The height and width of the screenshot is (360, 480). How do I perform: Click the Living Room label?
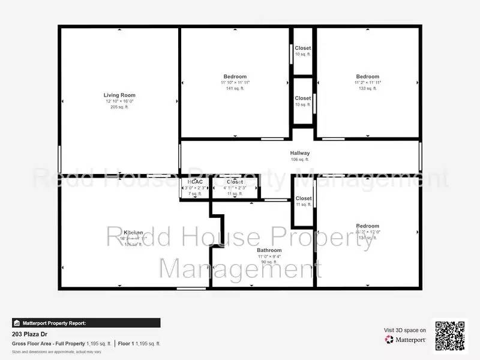coord(119,95)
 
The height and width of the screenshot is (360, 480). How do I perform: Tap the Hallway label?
coord(300,153)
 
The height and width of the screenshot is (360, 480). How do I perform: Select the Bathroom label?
coord(269,250)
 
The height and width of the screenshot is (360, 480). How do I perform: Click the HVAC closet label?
coord(194,182)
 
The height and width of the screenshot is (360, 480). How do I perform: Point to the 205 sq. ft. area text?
coord(119,107)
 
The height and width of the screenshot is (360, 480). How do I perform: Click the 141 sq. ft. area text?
coord(235,88)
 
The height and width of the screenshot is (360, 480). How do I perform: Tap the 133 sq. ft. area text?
coord(368,88)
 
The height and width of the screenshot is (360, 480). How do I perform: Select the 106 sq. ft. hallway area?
coord(300,160)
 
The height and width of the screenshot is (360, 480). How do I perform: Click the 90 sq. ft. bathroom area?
coord(269,262)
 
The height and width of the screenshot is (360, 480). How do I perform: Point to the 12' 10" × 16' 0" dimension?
coord(119,101)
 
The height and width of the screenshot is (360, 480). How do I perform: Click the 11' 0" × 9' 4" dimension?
coord(269,256)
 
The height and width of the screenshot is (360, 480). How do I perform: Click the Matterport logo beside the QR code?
coord(406,340)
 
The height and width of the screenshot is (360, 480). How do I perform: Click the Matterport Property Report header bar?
coord(86,323)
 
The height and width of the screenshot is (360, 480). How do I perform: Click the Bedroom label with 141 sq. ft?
coord(235,76)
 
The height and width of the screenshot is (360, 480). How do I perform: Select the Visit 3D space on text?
coord(405,330)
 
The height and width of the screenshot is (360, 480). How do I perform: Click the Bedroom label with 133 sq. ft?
coord(368,76)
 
